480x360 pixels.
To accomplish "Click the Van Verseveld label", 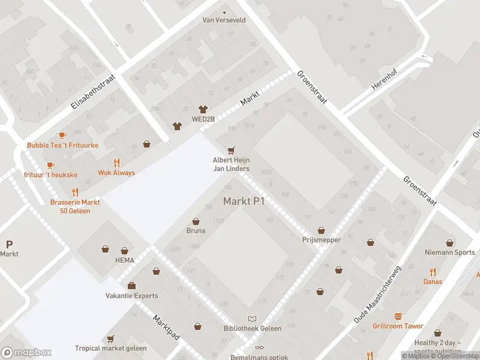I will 224,20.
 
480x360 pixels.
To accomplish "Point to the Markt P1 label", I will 244,201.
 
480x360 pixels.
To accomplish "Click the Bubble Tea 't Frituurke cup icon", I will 62,136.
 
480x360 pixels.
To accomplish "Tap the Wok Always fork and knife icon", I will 116,163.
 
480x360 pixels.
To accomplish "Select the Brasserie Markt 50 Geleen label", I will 75,206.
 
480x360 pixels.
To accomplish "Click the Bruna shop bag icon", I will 196,221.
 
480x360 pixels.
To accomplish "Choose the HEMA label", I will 125,260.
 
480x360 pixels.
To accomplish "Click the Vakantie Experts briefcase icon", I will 131,286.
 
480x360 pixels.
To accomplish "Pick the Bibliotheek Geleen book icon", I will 253,319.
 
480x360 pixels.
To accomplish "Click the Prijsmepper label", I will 322,240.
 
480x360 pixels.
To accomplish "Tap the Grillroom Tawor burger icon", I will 397,316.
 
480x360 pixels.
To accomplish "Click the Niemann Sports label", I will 449,253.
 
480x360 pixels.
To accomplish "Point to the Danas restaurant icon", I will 433,272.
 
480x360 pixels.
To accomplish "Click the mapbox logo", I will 26,352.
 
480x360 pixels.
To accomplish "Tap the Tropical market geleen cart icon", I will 110,339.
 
